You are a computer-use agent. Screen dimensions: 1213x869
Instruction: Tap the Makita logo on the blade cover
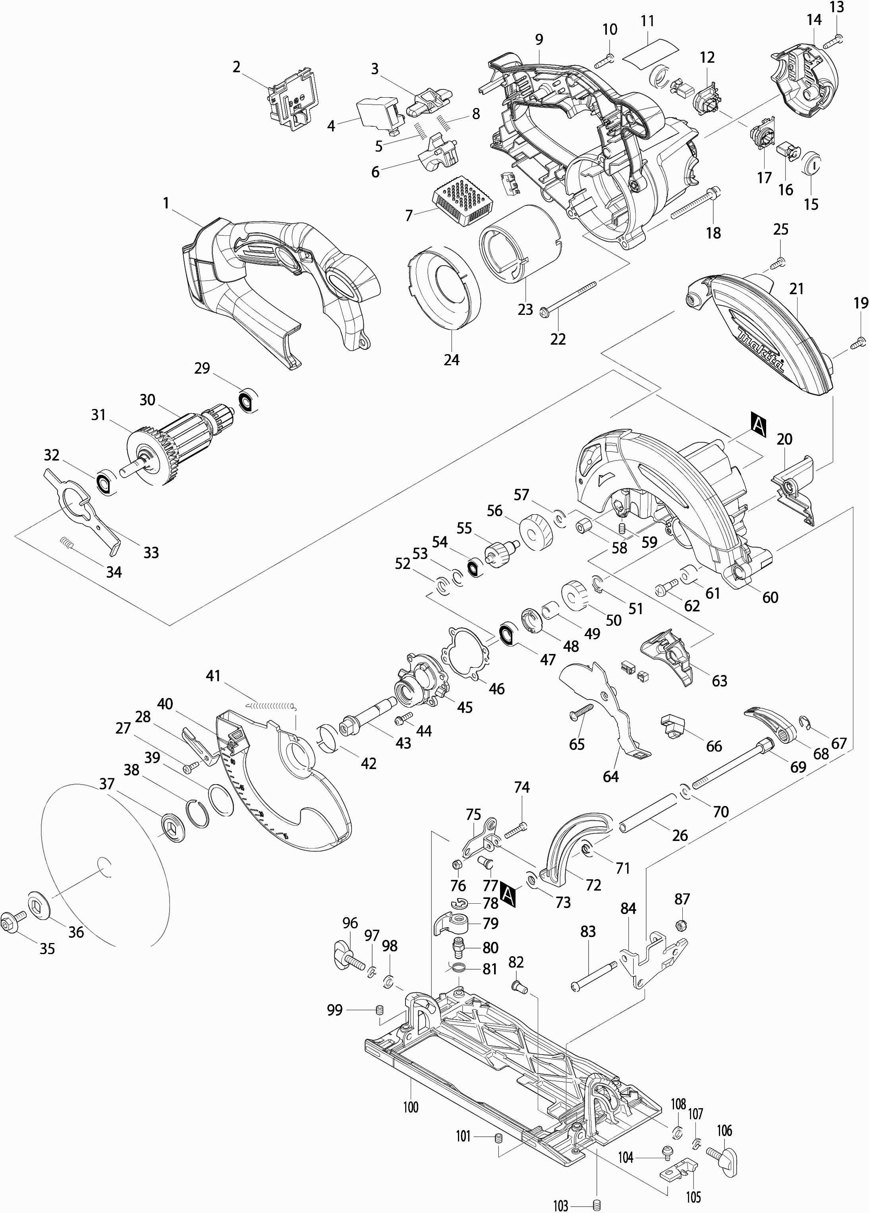760,351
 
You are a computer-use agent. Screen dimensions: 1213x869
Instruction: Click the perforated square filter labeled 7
462,200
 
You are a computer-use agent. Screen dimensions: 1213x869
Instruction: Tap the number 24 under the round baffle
451,359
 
